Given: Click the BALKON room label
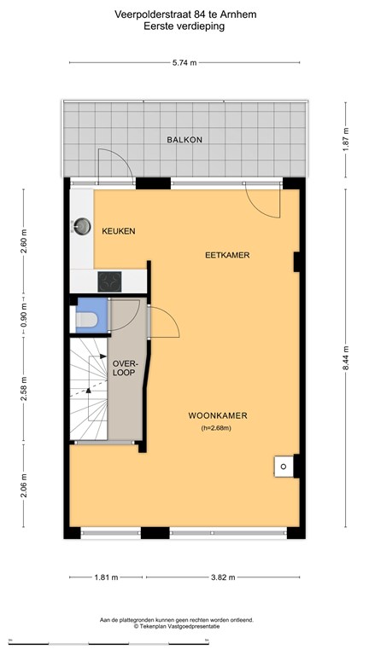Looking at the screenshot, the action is pos(184,140).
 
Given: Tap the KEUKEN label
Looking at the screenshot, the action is pos(119,231).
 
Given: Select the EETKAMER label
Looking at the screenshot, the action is pos(227,255).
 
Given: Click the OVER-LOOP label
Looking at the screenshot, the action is pos(124,368).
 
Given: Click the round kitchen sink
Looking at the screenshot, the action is pos(82,226).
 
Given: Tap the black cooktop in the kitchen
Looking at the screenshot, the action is pos(109,281).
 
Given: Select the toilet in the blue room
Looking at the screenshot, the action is pos(86,320).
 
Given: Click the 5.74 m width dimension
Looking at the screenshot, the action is pos(184,63).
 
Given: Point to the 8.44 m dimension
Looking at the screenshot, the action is pos(346,358).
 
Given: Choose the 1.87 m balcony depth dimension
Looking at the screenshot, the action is pos(346,140).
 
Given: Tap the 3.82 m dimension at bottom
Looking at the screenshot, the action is pos(223,577).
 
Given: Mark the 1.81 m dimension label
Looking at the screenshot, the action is pos(106,577).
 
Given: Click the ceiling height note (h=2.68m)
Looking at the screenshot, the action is pos(216,428).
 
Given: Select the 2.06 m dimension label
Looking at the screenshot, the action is pos(24,485).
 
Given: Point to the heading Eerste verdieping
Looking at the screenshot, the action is pos(184,26).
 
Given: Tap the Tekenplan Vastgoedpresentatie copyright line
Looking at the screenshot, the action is pos(177,626).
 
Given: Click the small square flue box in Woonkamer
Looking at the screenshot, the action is pos(284,467).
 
